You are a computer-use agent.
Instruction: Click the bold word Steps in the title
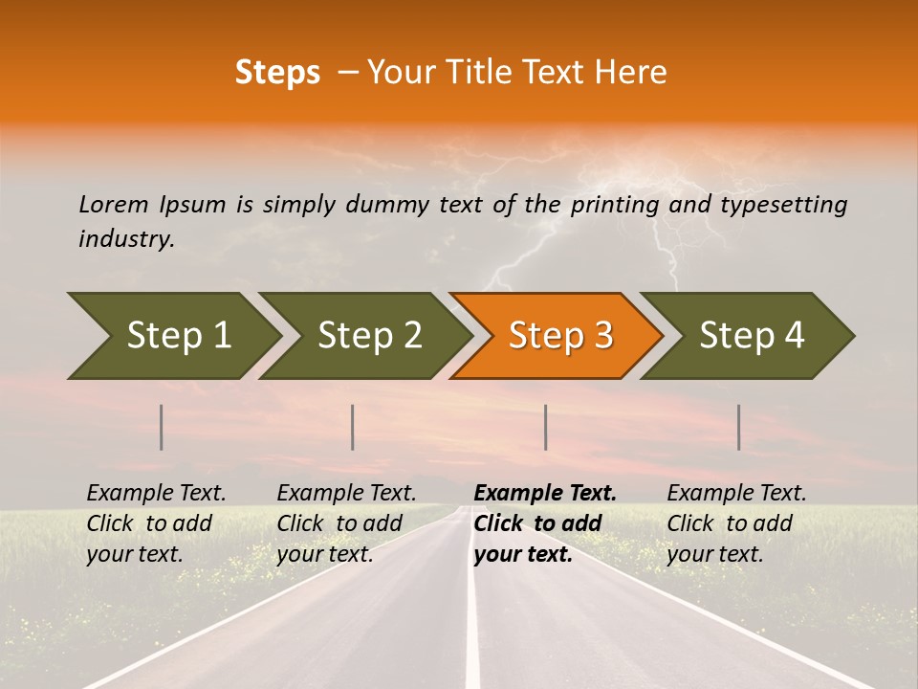[x=277, y=73]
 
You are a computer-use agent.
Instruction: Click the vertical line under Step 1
[x=162, y=427]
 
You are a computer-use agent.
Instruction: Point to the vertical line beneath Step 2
[x=353, y=427]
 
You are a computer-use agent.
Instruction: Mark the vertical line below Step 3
[x=545, y=427]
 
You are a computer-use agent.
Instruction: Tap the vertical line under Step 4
[x=738, y=427]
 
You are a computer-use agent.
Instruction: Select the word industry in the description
[x=126, y=239]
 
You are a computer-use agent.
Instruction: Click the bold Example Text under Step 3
[x=545, y=493]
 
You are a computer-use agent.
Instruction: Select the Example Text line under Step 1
[x=156, y=493]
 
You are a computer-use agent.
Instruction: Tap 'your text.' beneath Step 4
[x=714, y=554]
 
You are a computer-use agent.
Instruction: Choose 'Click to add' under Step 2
[x=339, y=523]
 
